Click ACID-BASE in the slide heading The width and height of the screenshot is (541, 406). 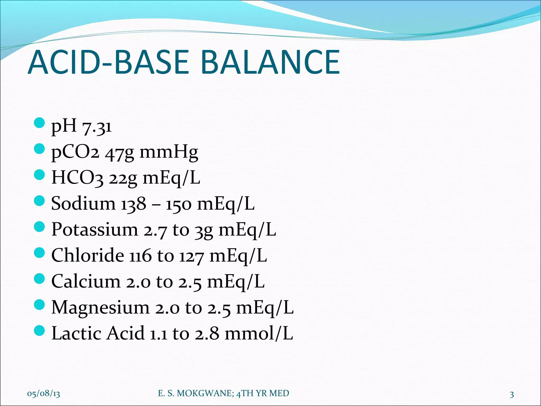[108, 62]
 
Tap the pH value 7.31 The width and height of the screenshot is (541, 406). [97, 126]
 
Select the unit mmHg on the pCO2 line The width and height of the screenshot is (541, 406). [169, 152]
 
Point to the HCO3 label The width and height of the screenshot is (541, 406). [77, 178]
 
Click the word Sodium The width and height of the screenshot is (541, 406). [83, 204]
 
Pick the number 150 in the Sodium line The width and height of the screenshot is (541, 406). [178, 204]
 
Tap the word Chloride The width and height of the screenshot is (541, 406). [87, 256]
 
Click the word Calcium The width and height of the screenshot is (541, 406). [86, 281]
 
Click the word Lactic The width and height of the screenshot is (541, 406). [77, 333]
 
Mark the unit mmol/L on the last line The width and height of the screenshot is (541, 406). [259, 334]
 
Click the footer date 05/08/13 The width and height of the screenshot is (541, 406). [44, 394]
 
